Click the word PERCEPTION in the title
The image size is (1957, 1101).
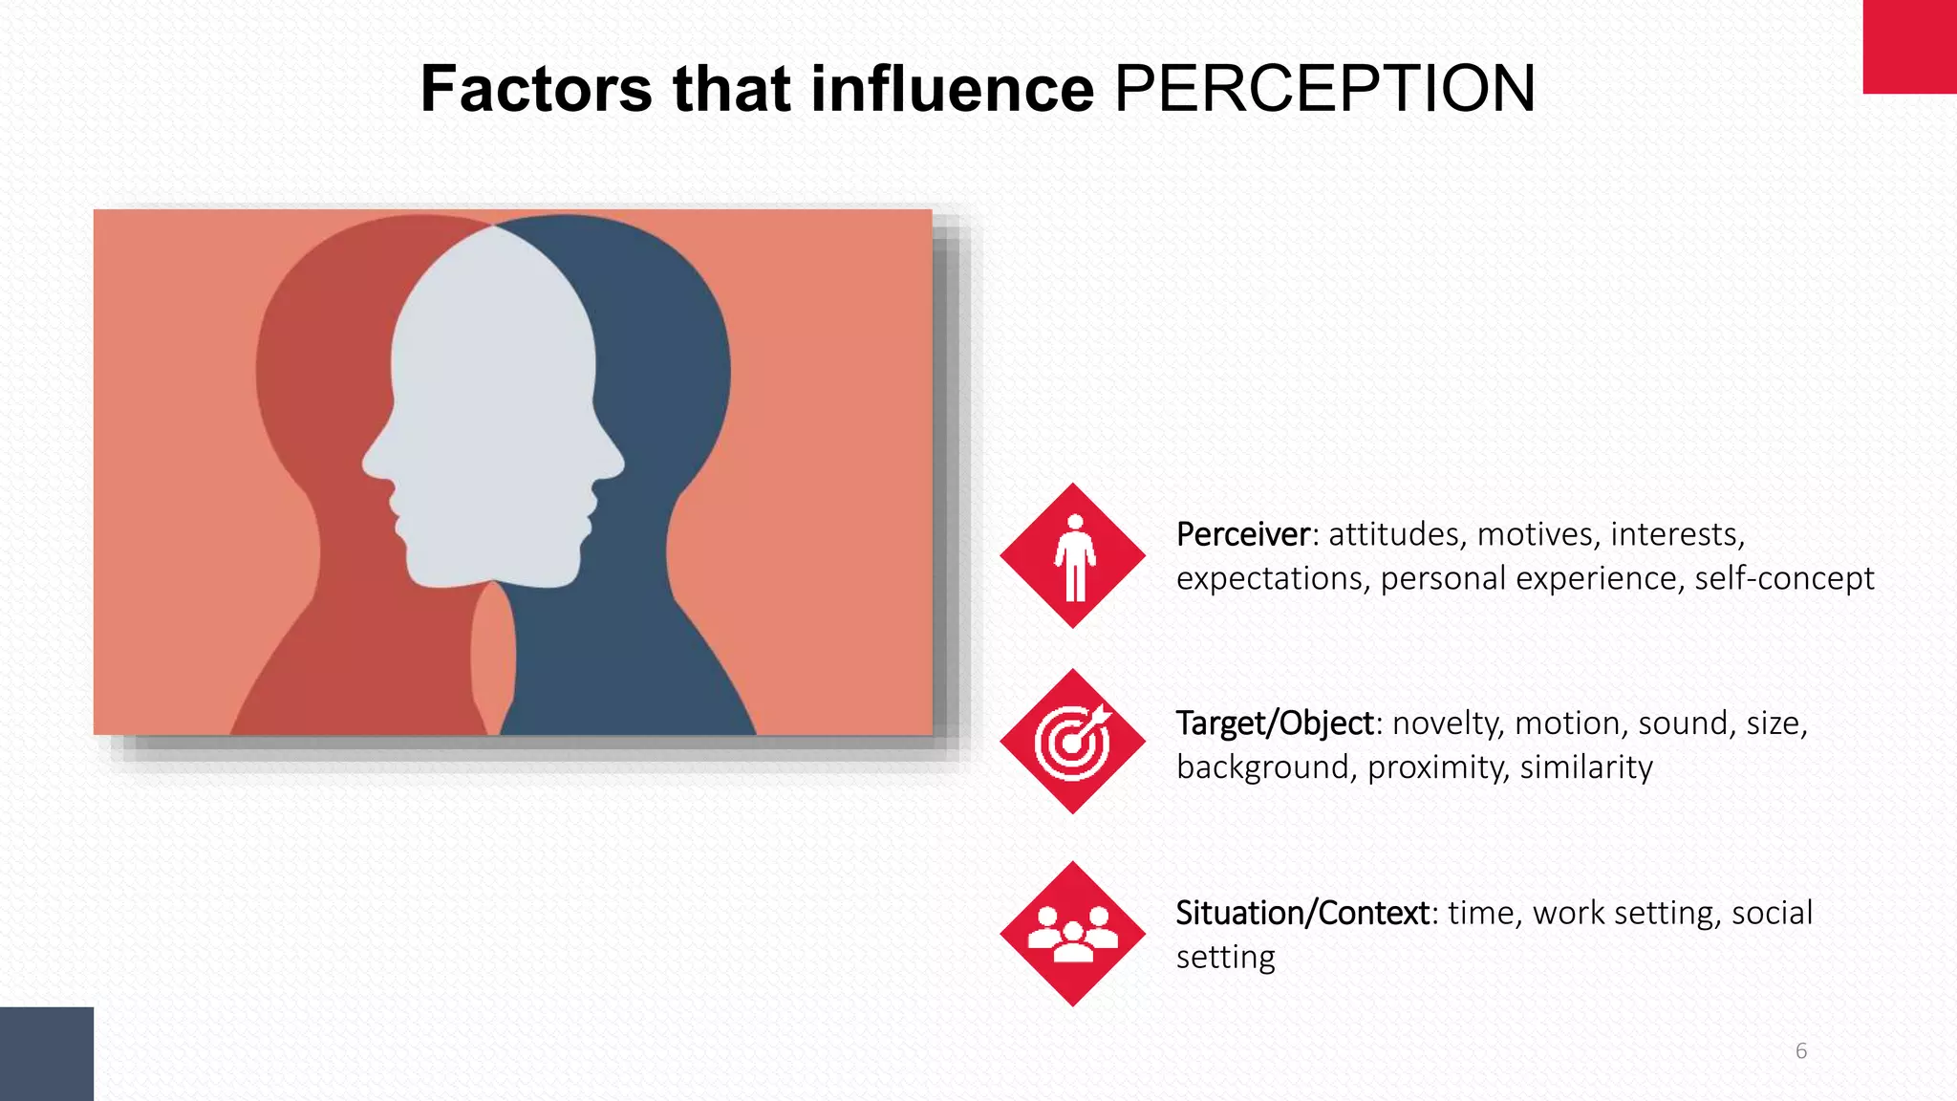1324,89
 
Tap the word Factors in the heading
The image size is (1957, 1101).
536,89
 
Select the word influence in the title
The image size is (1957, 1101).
952,89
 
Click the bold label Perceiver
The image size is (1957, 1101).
1242,534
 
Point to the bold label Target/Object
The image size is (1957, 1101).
1275,723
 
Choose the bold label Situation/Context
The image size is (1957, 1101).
1302,913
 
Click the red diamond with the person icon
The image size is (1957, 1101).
1073,555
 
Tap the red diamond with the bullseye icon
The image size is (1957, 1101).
1073,742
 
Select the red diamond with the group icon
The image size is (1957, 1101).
1073,934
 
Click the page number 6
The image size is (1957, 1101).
1801,1051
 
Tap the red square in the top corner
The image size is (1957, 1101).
1909,47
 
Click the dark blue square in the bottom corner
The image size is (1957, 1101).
47,1053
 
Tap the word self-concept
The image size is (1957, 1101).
1784,578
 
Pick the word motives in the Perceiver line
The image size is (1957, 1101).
1537,534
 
